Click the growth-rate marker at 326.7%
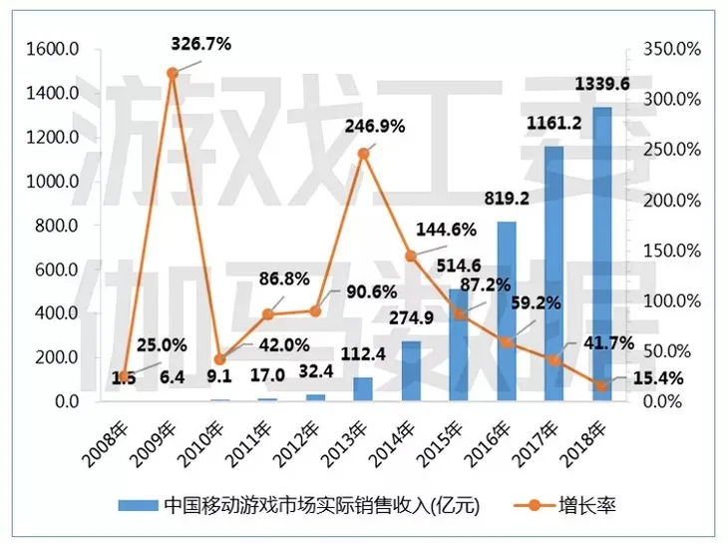click(x=172, y=73)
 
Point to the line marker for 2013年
click(x=363, y=153)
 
